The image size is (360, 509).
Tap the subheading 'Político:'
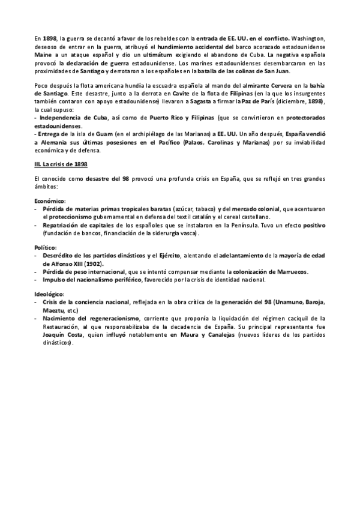(46, 247)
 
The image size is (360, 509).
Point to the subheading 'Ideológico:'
(50, 294)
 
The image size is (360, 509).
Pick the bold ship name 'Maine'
(43, 54)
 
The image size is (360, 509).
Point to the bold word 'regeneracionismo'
(116, 318)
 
